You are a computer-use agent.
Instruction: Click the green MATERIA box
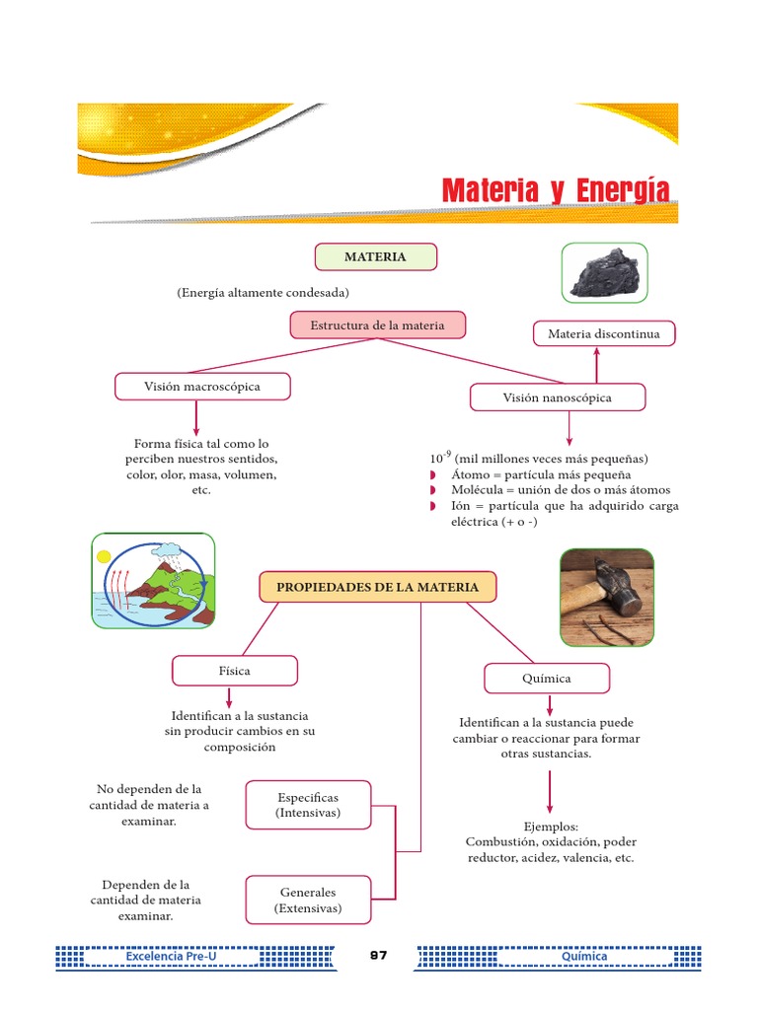tap(375, 256)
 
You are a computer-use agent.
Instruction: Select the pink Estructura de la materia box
tap(377, 325)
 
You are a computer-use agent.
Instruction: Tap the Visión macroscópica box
tap(202, 387)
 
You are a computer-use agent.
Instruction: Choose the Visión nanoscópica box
tap(558, 397)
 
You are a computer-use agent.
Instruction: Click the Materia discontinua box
tap(603, 334)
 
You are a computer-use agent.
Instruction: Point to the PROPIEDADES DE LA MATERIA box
tap(377, 587)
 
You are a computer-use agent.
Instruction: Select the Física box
tap(234, 671)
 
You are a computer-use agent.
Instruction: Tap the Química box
tap(547, 679)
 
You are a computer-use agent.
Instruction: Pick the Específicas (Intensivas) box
tap(308, 805)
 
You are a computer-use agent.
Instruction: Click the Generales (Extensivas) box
tap(308, 900)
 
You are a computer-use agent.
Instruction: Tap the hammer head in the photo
tap(611, 587)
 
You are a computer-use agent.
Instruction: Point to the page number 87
tap(379, 956)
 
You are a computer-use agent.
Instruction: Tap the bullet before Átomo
tap(432, 475)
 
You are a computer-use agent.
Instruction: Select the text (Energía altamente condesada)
tap(264, 293)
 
